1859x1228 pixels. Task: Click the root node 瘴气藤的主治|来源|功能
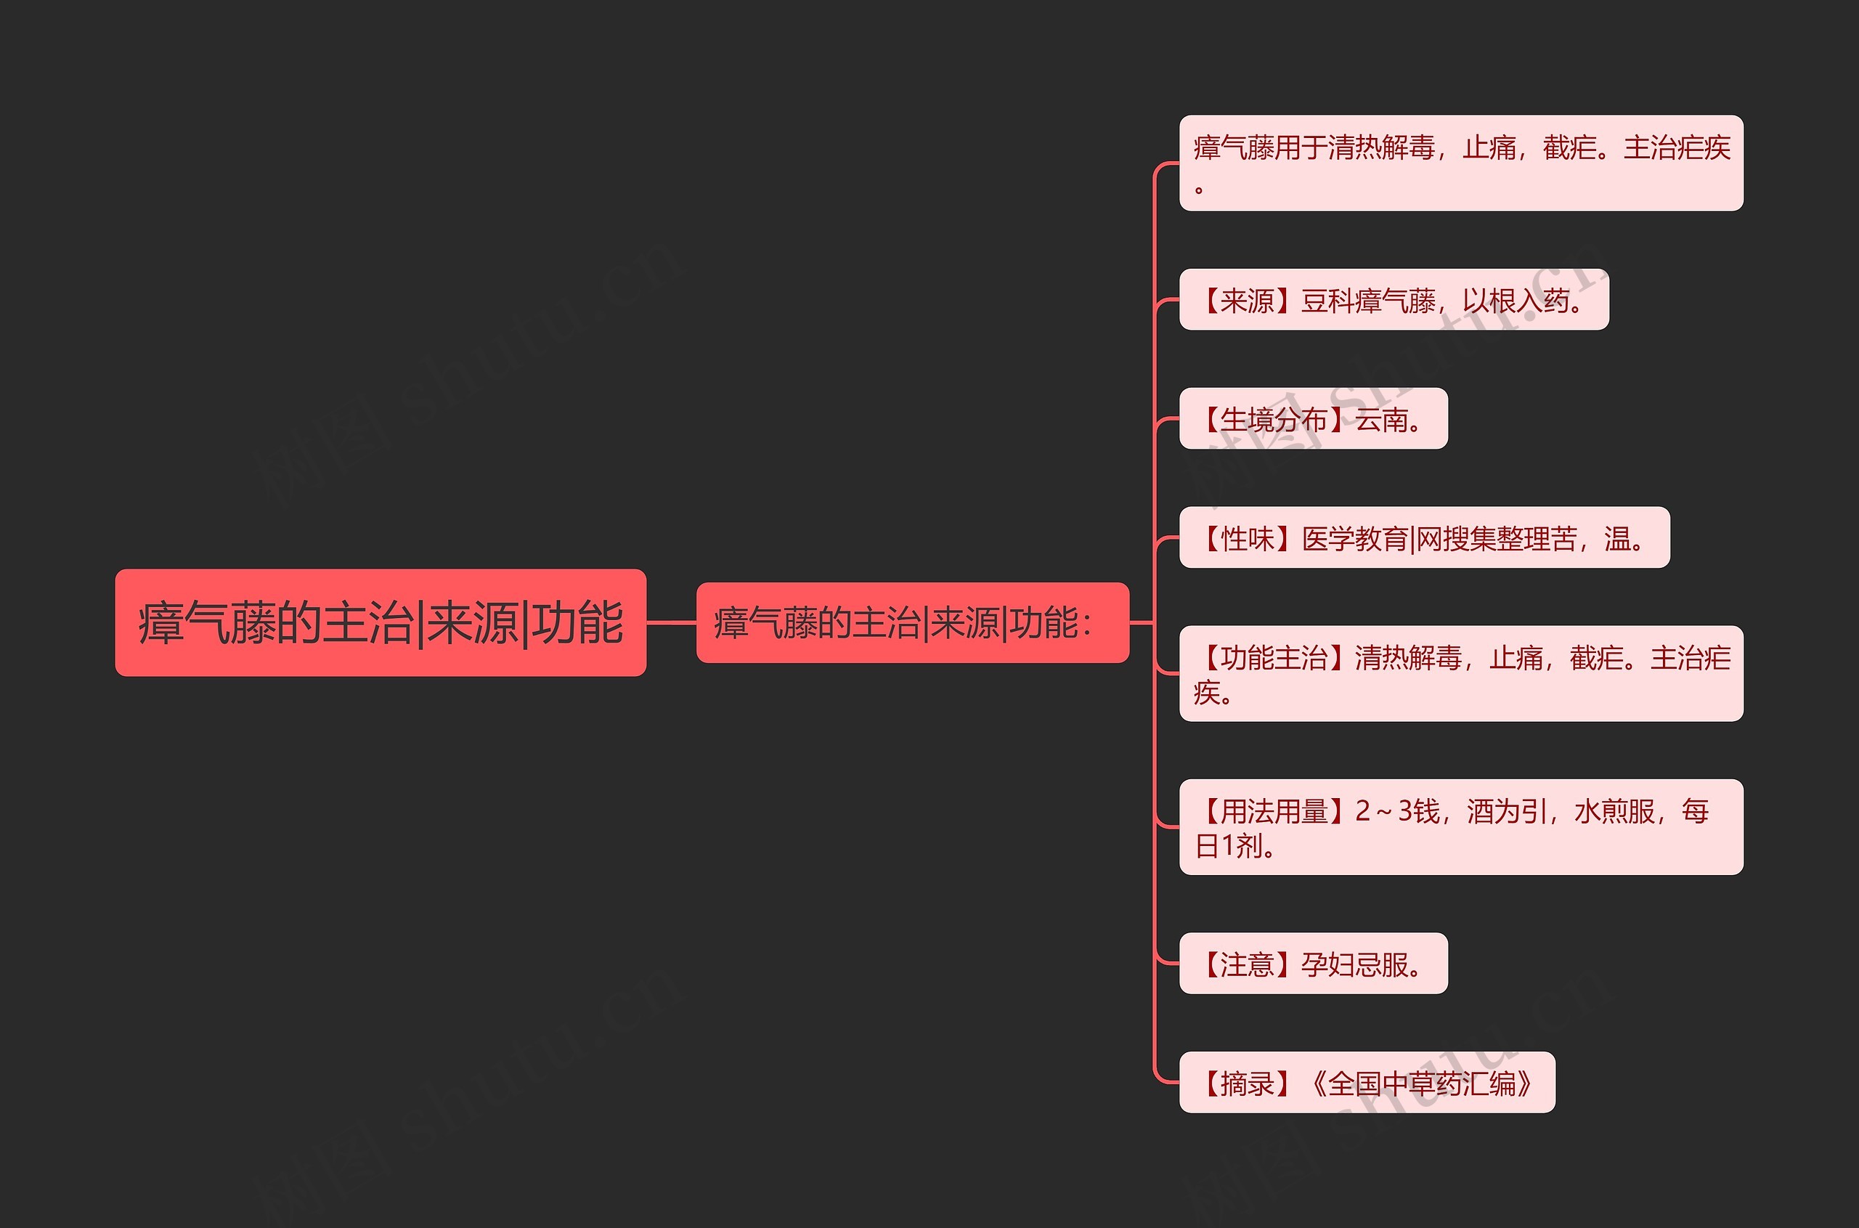pos(381,622)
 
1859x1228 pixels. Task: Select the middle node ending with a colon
pos(912,622)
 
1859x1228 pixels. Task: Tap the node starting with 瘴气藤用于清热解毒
pos(1460,163)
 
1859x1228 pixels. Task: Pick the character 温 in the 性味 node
pos(1617,539)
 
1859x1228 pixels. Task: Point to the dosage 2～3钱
pos(1397,811)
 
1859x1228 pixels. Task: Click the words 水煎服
pos(1614,811)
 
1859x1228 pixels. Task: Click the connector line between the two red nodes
pos(671,622)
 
